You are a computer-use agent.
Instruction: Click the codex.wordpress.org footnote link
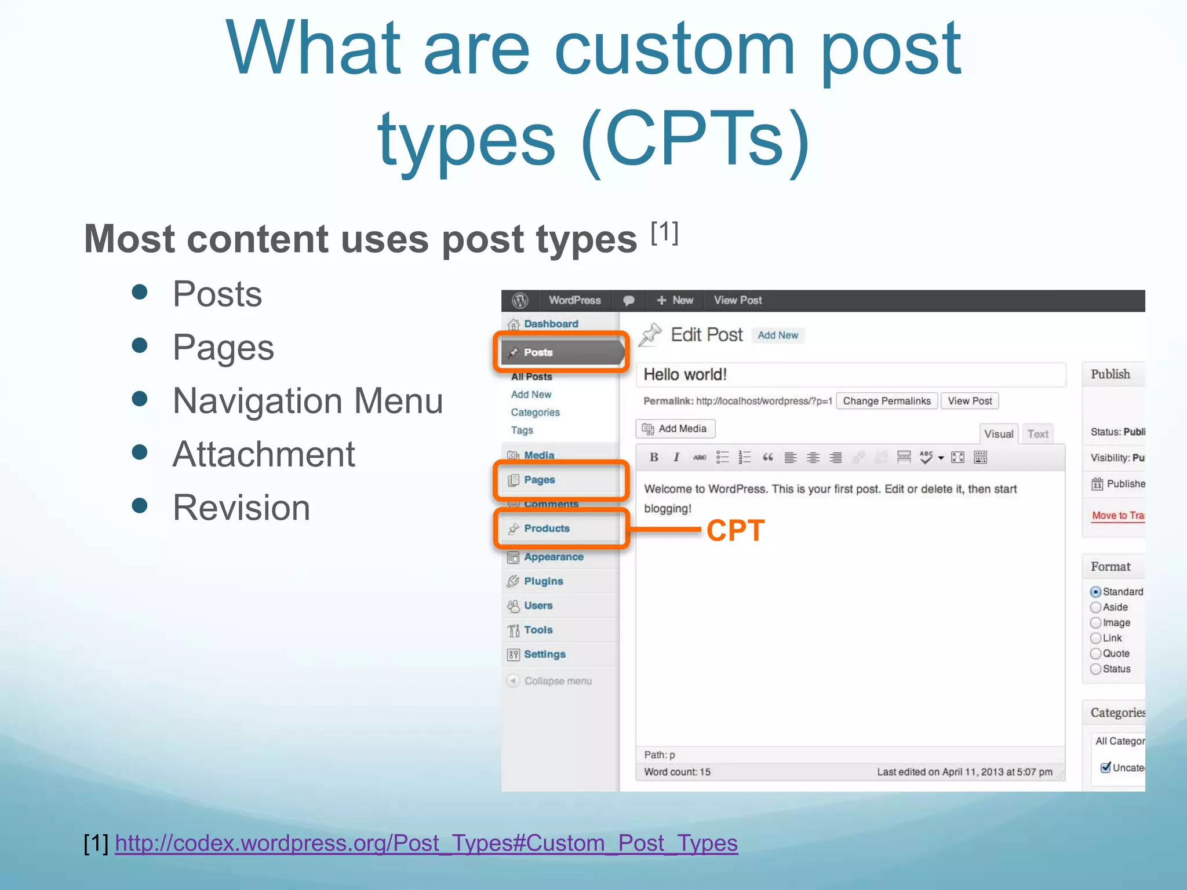[x=426, y=843]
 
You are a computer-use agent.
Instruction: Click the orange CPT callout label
[x=735, y=530]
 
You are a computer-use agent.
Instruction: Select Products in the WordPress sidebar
[x=547, y=528]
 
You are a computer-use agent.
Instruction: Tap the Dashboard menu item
[x=551, y=324]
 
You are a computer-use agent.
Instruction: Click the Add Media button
[x=675, y=429]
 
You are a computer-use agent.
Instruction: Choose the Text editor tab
[x=1037, y=434]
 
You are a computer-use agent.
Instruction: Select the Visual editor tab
[x=999, y=434]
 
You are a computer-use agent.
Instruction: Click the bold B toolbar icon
[x=654, y=457]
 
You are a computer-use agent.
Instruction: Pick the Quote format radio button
[x=1095, y=654]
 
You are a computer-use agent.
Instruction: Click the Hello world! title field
[x=850, y=375]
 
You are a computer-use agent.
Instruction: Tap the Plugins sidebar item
[x=543, y=581]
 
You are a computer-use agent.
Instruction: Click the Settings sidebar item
[x=544, y=654]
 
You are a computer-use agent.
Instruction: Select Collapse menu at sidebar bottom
[x=558, y=681]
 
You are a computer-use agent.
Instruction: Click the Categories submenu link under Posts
[x=535, y=413]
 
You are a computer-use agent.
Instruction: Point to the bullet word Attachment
[x=264, y=454]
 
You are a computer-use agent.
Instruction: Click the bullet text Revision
[x=241, y=508]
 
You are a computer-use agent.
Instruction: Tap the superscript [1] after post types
[x=664, y=233]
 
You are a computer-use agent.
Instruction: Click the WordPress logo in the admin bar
[x=520, y=300]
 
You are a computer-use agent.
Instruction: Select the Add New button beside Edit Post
[x=778, y=335]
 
